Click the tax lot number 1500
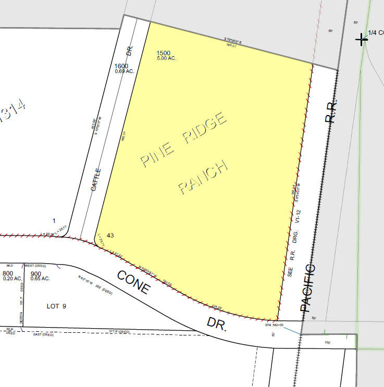(163, 53)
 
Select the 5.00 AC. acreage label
(166, 58)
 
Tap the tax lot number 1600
(121, 66)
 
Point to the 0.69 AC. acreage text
(125, 71)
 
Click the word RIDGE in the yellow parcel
(204, 129)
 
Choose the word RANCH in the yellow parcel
(204, 177)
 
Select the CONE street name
(133, 282)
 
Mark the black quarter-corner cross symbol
(362, 39)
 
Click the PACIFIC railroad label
(308, 288)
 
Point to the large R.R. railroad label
(331, 110)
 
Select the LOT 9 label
(56, 306)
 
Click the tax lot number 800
(8, 273)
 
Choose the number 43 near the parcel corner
(110, 235)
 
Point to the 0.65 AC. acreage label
(40, 279)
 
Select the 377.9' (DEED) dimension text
(119, 331)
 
